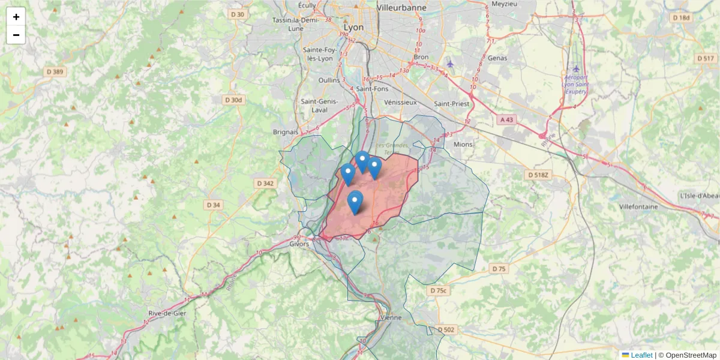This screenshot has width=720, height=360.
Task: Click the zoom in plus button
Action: tap(16, 17)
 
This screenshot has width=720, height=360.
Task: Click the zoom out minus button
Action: tap(16, 35)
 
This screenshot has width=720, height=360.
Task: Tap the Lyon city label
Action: tap(355, 28)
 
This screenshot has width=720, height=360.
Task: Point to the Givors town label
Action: tap(299, 244)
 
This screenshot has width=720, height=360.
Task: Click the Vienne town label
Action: tap(391, 317)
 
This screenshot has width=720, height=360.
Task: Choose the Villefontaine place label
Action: tap(638, 206)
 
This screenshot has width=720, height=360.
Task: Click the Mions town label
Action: tap(463, 144)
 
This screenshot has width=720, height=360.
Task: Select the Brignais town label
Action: tap(286, 131)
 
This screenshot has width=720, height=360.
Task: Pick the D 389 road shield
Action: tap(55, 72)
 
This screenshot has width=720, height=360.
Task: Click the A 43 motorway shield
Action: tap(507, 120)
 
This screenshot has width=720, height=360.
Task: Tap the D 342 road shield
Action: tap(265, 183)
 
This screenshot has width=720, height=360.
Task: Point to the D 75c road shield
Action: tap(439, 290)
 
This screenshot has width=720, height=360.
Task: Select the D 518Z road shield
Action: tap(538, 175)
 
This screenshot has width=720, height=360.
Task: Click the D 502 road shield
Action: tap(446, 329)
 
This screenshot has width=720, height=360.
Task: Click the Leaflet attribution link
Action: tap(641, 355)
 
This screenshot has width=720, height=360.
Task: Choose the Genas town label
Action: tap(497, 58)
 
